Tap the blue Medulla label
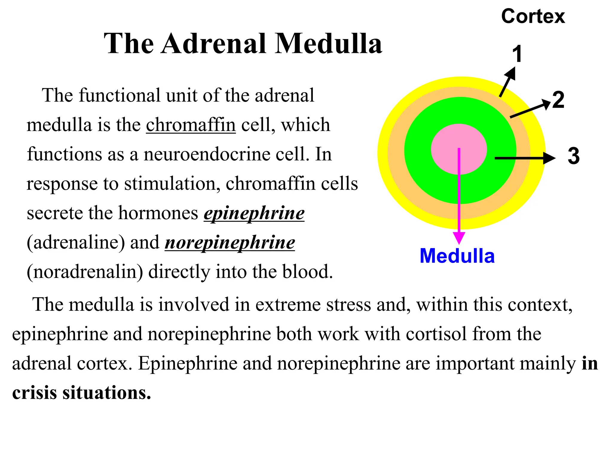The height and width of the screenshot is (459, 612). [x=457, y=256]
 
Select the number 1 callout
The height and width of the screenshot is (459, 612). [x=517, y=54]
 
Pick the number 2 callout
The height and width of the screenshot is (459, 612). [x=558, y=100]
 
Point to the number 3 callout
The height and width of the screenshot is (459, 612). [x=573, y=156]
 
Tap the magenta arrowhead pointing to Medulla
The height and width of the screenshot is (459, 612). [x=459, y=238]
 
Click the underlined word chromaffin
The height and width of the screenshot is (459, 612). [x=191, y=125]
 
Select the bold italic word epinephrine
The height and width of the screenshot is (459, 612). [x=254, y=213]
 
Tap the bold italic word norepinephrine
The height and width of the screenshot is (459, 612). [x=230, y=242]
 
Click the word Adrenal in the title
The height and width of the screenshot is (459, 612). [x=213, y=44]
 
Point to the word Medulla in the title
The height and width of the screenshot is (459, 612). [x=328, y=44]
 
